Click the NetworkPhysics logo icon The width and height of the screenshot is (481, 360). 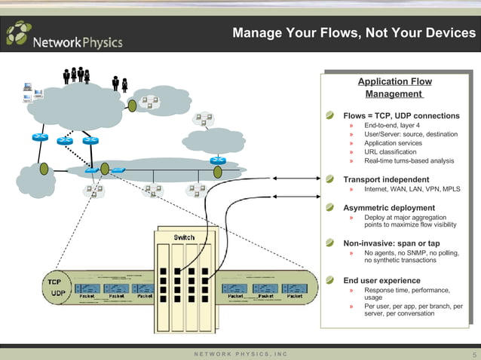19,34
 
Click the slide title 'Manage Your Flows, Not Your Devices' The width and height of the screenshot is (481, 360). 354,33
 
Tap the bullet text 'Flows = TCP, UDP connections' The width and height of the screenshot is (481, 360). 401,116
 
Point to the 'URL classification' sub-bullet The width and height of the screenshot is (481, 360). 390,151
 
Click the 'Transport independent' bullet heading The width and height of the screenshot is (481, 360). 386,179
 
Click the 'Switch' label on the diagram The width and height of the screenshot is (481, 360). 184,237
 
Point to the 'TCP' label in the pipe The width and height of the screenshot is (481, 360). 55,281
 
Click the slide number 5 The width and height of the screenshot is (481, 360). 474,354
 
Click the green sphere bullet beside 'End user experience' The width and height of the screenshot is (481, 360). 329,279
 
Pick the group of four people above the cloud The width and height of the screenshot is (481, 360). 77,75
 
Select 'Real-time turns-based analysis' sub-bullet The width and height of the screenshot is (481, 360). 409,160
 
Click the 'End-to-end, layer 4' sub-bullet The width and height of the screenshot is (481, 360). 392,125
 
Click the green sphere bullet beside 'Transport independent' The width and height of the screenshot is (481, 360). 329,179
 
